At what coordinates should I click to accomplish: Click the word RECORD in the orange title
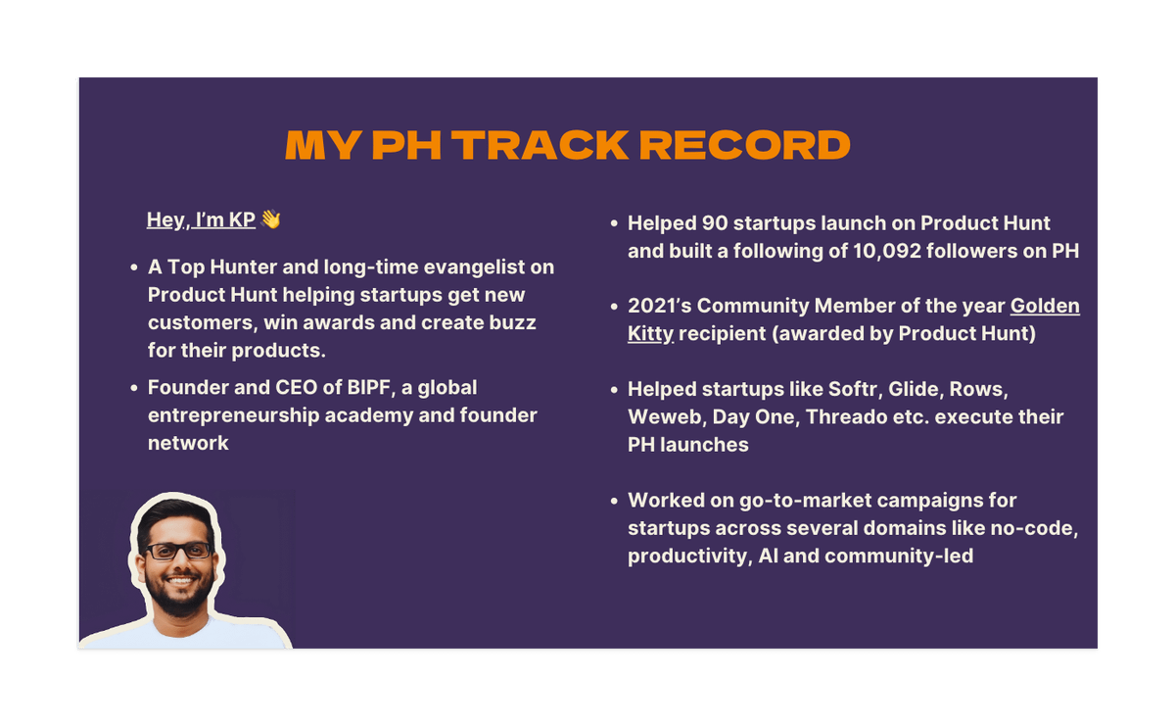click(745, 145)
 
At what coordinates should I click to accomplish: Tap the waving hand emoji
click(271, 218)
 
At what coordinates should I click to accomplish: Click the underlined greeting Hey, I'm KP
click(201, 219)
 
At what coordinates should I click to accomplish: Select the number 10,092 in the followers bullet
click(887, 251)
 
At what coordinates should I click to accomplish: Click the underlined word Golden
click(1045, 306)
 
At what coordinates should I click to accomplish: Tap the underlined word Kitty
click(650, 334)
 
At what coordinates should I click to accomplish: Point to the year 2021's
click(659, 306)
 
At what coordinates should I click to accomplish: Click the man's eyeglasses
click(178, 551)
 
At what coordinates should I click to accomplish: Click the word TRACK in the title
click(540, 145)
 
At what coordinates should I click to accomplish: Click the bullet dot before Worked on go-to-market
click(614, 501)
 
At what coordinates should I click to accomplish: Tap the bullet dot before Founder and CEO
click(134, 388)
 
